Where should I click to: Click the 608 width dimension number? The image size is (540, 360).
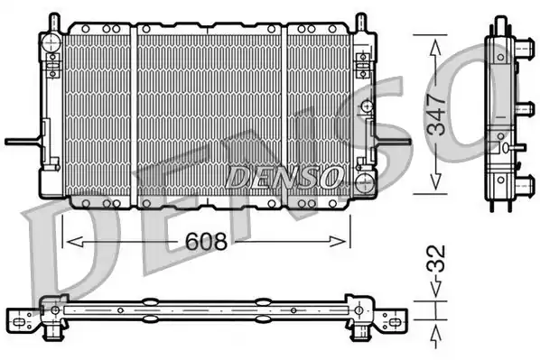206,241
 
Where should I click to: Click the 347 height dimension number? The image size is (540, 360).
436,114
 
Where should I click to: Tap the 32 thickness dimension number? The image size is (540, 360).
436,258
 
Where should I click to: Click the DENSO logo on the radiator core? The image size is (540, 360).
284,177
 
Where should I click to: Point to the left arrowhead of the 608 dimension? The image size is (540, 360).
75,242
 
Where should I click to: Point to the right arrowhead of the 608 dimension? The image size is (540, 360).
338,242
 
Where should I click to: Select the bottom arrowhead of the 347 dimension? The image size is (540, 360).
435,181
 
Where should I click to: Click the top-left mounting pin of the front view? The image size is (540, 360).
54,23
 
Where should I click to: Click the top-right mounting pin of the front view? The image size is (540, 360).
360,23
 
